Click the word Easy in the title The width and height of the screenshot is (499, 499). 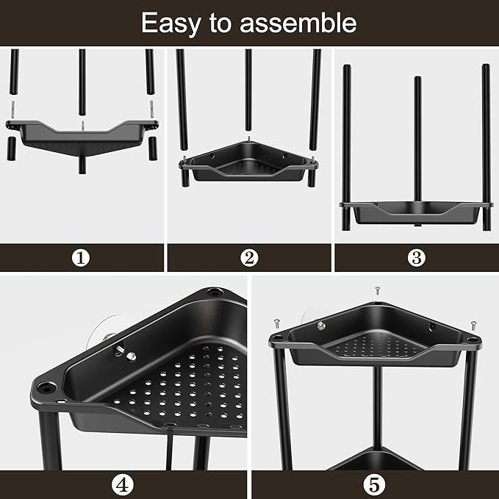click(171, 24)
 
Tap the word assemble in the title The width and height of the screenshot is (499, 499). click(298, 23)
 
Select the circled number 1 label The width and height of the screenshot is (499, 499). click(81, 258)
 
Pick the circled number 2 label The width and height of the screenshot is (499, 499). click(249, 258)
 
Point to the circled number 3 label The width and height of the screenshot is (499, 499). click(416, 258)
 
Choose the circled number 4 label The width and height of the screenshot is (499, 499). click(123, 485)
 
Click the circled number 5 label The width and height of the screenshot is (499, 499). click(374, 485)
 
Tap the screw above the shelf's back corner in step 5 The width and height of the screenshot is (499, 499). click(378, 290)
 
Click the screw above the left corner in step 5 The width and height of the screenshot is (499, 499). click(276, 323)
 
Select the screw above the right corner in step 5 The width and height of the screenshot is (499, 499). click(473, 326)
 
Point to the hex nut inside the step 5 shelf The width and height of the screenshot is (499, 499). click(320, 326)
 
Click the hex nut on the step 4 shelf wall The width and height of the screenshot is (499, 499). click(131, 356)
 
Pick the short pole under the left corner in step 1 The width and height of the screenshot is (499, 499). click(12, 148)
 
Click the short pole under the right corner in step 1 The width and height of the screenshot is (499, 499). click(153, 148)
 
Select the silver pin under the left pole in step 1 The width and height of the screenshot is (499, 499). click(13, 110)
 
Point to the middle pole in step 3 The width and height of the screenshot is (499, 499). click(418, 139)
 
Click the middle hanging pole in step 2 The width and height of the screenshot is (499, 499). click(248, 90)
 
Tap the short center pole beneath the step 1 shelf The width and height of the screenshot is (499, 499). click(82, 165)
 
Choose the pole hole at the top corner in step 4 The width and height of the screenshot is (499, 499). click(215, 292)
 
